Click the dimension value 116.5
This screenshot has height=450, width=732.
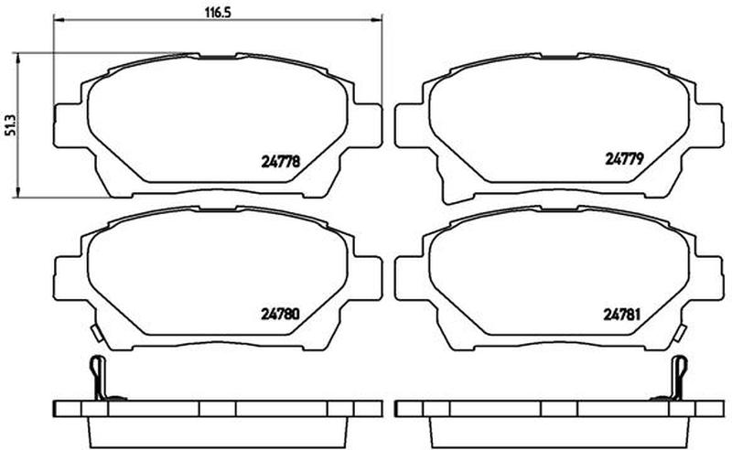[218, 13]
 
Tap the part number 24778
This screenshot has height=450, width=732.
[280, 162]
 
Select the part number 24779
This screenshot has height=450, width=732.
[624, 159]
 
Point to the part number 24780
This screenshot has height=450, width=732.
[280, 315]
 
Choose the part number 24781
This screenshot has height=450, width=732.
[622, 315]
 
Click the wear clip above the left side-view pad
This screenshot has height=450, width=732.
[100, 378]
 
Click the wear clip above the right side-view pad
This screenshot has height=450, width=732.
[677, 378]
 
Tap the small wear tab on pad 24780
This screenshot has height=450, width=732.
[97, 333]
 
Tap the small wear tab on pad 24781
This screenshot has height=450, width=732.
[681, 333]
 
